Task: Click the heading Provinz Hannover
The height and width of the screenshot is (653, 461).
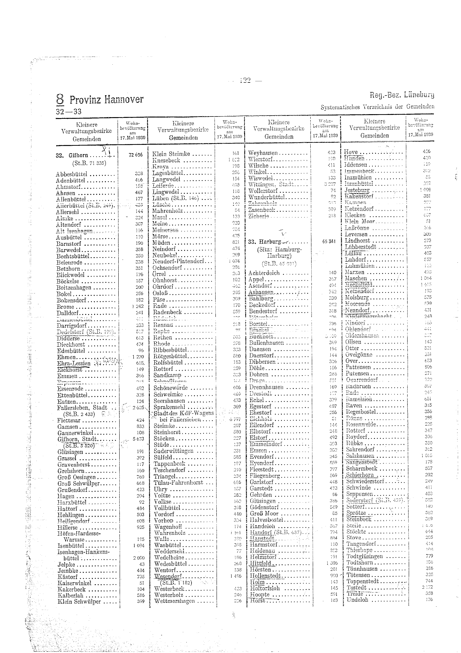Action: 106,99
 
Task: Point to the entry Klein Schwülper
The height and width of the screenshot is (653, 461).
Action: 79,601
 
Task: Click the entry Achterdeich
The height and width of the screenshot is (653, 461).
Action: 264,273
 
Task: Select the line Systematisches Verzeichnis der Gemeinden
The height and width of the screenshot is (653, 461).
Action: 377,107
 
